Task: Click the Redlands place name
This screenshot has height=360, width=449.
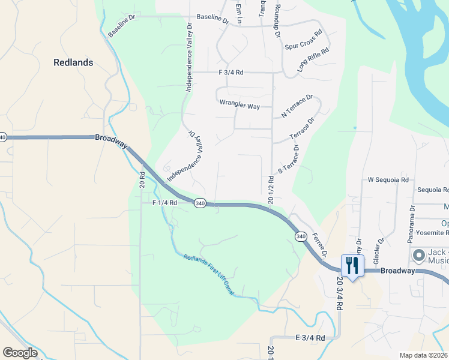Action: (73, 62)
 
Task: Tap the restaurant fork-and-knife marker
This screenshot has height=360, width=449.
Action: (352, 266)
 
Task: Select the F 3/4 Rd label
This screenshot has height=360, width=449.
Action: (231, 72)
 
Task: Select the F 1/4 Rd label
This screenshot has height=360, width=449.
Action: (164, 203)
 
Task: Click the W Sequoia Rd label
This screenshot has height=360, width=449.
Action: (388, 179)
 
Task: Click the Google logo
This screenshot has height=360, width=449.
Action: (19, 353)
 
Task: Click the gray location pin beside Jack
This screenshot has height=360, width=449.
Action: (418, 256)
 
